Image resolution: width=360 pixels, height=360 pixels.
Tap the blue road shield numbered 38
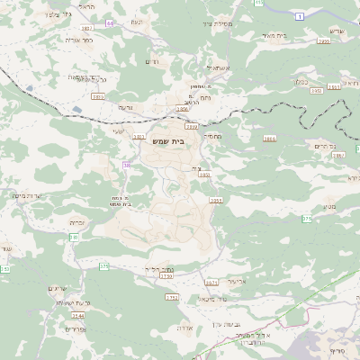[x=127, y=165]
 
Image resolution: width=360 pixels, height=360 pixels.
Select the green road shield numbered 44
[x=110, y=22]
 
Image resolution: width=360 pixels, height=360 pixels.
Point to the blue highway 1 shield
[x=299, y=16]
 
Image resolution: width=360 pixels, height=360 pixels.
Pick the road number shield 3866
[x=270, y=139]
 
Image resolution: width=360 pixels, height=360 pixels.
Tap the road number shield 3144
[x=78, y=316]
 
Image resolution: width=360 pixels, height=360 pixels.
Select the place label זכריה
[x=77, y=220]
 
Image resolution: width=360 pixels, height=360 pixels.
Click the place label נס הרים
[x=326, y=145]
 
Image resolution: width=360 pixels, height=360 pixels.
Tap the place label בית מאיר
[x=274, y=35]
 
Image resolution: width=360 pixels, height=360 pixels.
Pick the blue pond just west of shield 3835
[x=30, y=88]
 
